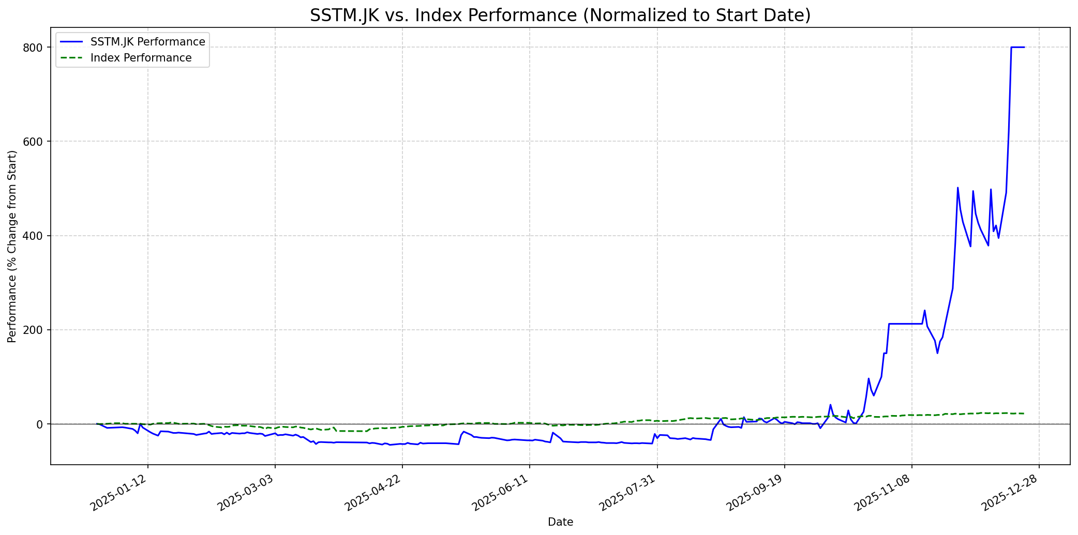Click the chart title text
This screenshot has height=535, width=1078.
[560, 16]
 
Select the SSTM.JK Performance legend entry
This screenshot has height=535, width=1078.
[147, 42]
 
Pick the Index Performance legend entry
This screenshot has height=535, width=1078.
[141, 58]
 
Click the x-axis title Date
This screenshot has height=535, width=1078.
[560, 523]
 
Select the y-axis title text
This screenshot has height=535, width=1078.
[12, 246]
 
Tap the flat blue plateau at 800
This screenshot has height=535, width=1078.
[1017, 48]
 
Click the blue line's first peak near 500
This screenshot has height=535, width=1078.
[957, 188]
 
